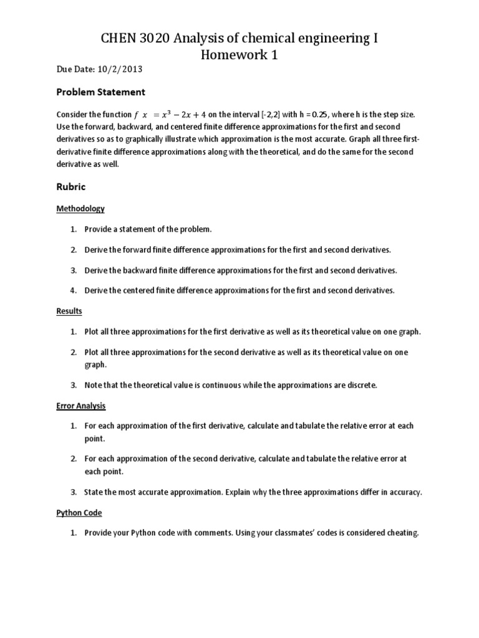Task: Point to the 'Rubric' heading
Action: [70, 187]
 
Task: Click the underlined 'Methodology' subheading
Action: [80, 209]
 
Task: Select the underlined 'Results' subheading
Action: [69, 310]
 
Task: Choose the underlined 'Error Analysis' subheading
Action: [81, 406]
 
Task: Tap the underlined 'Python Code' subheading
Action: [79, 513]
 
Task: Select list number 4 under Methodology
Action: [72, 290]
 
